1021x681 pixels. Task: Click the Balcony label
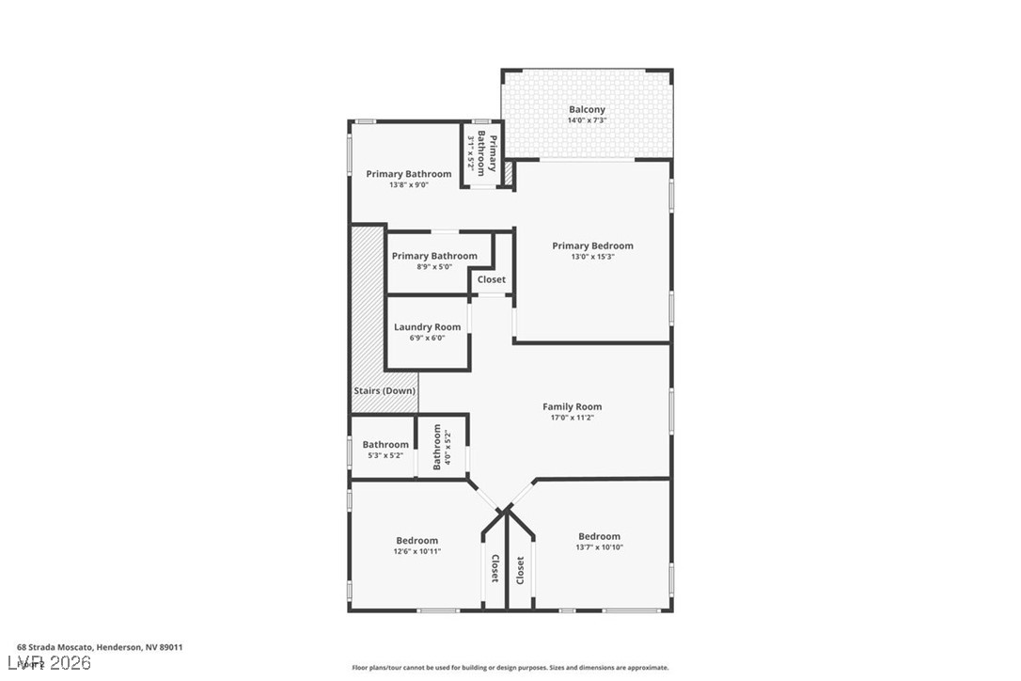pos(587,110)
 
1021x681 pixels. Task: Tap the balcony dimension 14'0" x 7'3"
pos(587,120)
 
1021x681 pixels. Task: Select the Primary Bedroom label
pos(592,246)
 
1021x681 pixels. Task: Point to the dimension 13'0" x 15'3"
pos(592,257)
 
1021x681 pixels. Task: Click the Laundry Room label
pos(428,327)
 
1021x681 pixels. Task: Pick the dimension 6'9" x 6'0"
pos(428,338)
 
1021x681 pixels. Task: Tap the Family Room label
pos(572,407)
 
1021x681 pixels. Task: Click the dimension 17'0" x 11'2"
pos(572,418)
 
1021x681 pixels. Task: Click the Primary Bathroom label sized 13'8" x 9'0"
pos(409,174)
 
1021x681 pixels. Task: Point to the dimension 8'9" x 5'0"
pos(434,266)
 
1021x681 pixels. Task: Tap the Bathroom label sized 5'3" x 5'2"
pos(385,445)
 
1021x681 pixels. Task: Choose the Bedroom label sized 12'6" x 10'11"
pos(416,541)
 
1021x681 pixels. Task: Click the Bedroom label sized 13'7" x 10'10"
pos(599,537)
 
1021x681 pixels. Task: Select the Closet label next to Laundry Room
pos(492,279)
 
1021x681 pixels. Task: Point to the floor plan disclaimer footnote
pos(510,668)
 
